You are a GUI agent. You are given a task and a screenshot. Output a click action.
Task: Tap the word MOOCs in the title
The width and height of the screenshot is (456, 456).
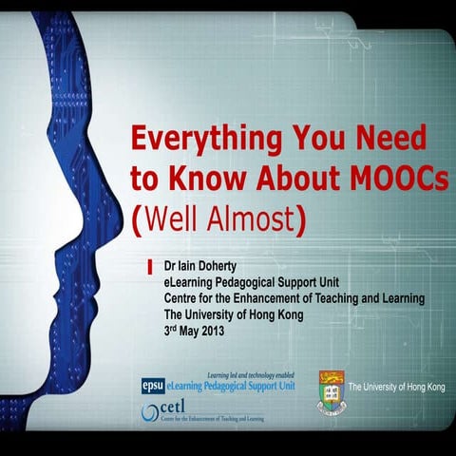click(x=399, y=180)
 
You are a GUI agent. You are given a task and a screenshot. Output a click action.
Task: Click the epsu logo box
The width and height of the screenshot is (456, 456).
click(x=152, y=386)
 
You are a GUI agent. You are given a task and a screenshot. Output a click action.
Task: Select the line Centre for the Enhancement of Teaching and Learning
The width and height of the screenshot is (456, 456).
click(x=294, y=298)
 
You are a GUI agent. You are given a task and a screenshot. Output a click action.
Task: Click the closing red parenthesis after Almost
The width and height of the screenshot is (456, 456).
click(x=301, y=221)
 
